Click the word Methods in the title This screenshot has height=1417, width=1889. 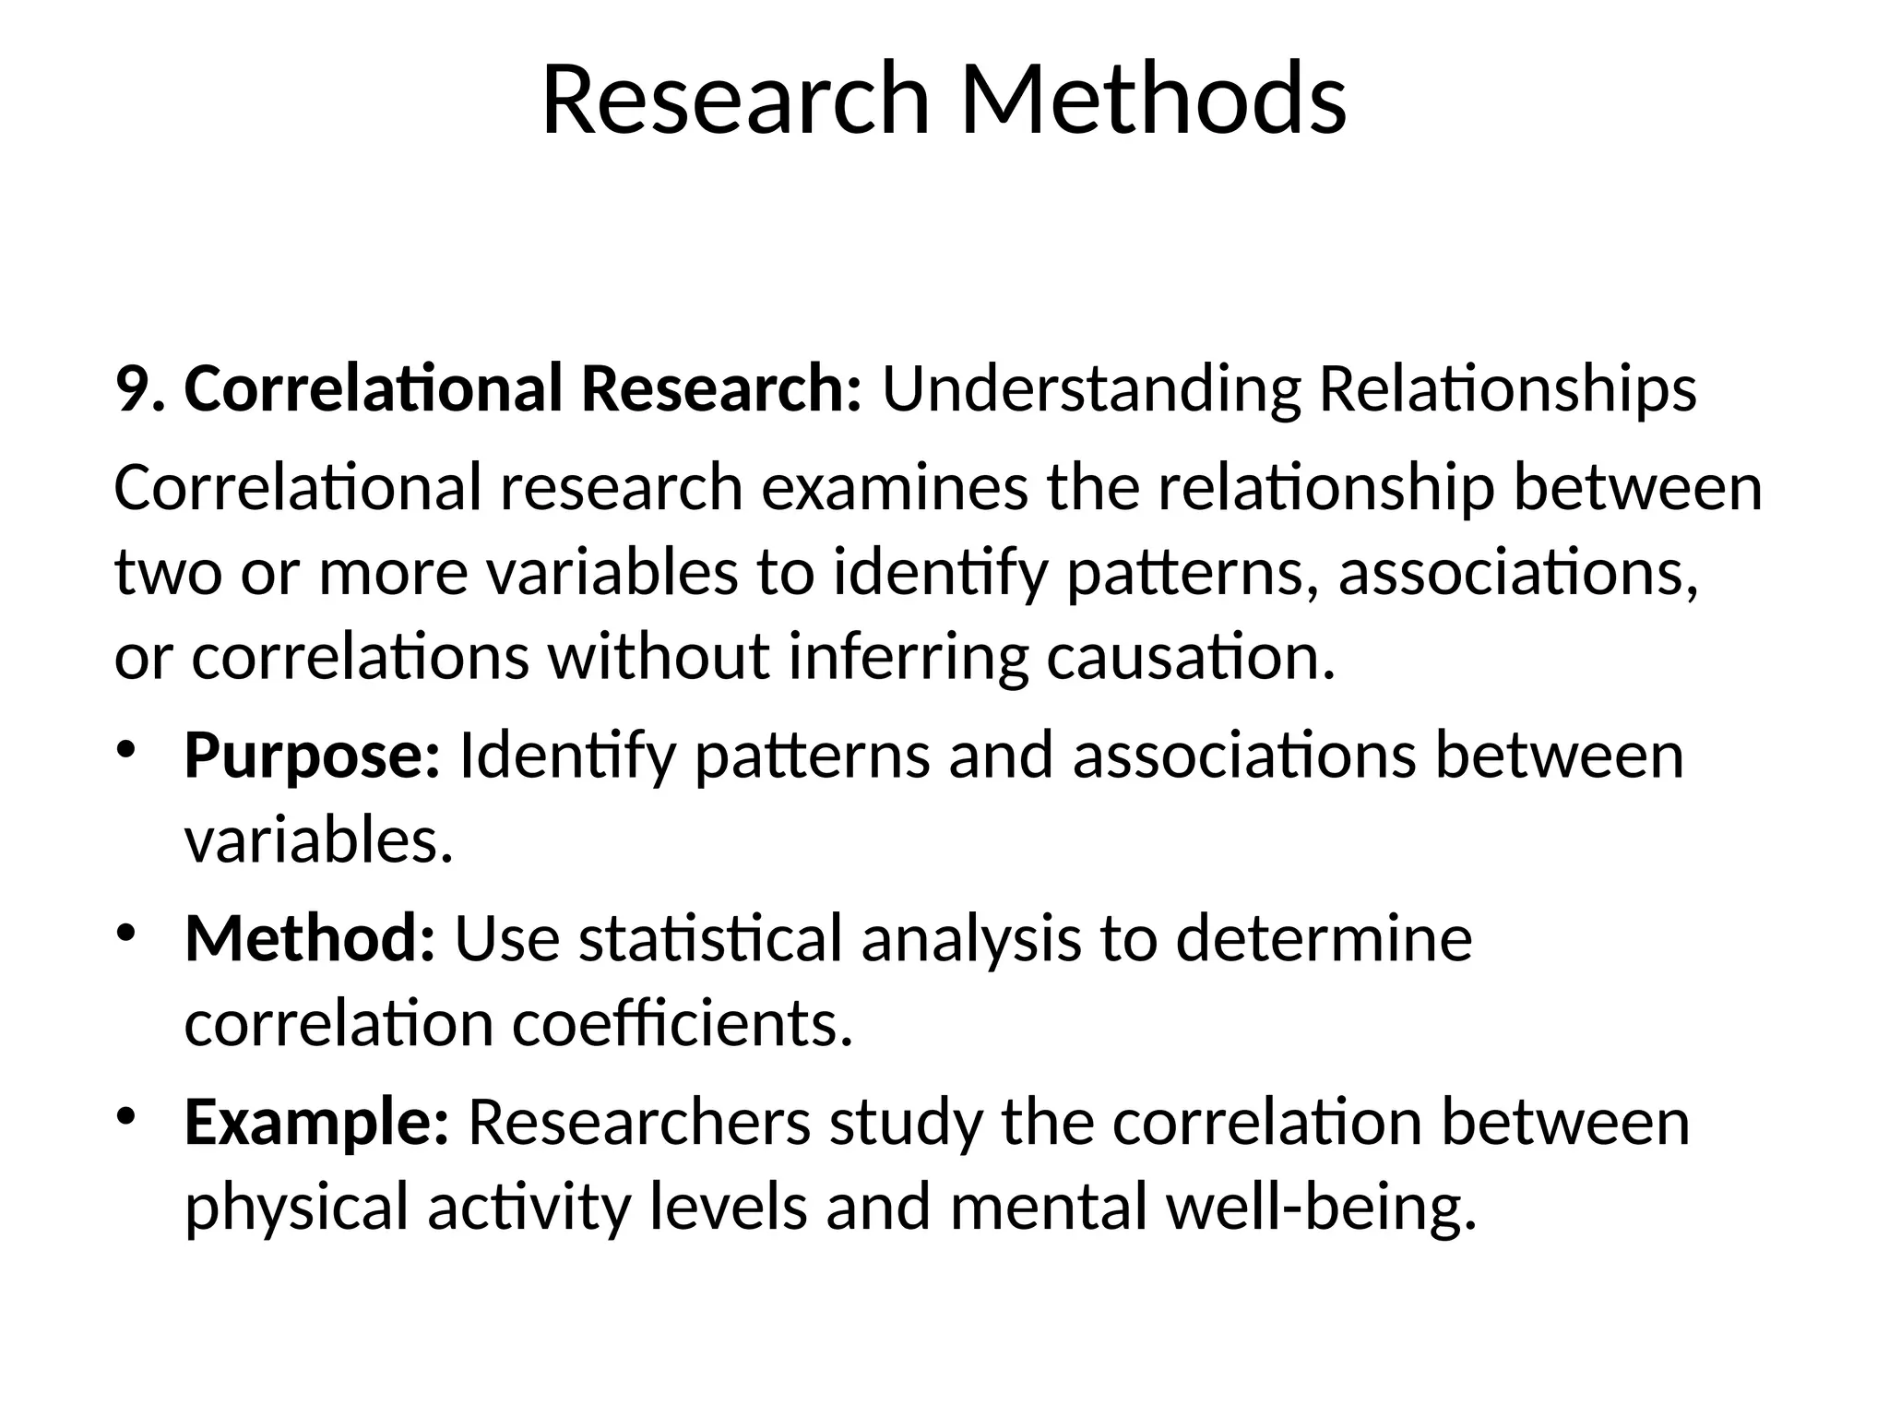[x=1152, y=100]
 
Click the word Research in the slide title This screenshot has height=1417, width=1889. [x=735, y=100]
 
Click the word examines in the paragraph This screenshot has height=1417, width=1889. [x=894, y=488]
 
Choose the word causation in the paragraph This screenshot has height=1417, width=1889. [x=1190, y=657]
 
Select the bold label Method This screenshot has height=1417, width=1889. [x=310, y=938]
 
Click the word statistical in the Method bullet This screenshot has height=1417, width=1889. [x=710, y=938]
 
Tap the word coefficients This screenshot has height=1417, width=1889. [x=683, y=1024]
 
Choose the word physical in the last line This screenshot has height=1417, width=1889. [x=296, y=1209]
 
